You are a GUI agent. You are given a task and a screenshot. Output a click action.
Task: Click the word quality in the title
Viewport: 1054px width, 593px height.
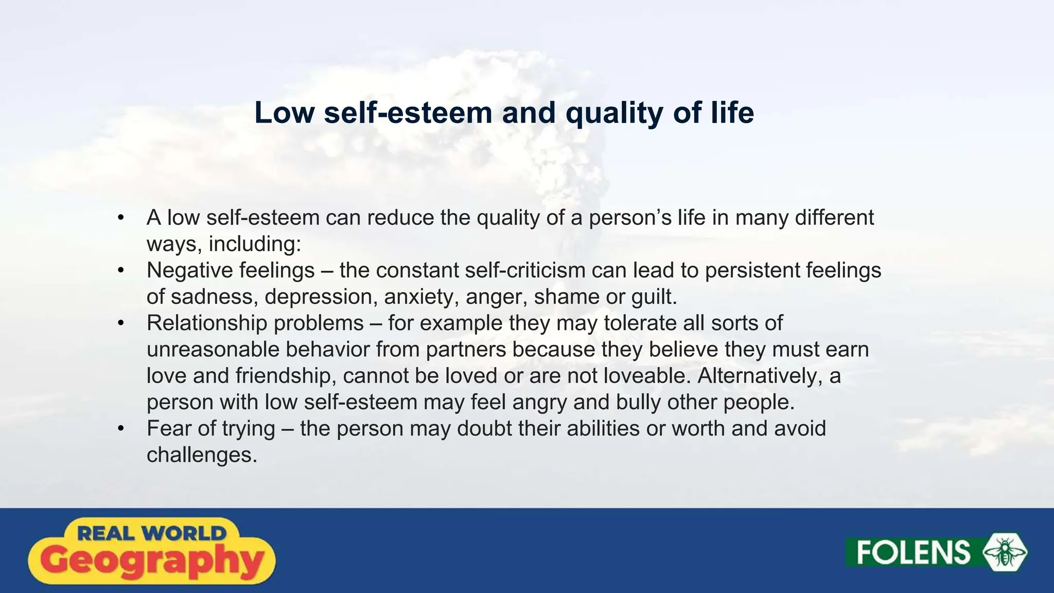[x=613, y=113]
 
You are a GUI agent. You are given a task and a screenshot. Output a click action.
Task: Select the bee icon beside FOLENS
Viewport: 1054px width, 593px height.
[x=1005, y=553]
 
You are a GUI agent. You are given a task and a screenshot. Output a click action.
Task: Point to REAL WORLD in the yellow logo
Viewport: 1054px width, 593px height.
[x=152, y=533]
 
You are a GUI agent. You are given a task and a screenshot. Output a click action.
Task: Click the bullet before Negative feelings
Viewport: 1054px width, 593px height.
[x=121, y=270]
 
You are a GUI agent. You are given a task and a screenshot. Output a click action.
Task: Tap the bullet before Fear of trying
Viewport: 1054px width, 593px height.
[x=121, y=428]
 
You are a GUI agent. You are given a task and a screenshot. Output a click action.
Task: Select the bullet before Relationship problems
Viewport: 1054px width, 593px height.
[x=121, y=323]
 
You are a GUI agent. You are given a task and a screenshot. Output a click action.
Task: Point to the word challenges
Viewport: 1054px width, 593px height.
[x=202, y=455]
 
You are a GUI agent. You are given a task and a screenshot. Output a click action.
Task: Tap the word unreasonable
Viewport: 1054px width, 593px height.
[x=213, y=350]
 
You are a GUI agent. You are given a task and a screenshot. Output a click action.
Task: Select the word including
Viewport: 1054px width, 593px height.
[x=254, y=244]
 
